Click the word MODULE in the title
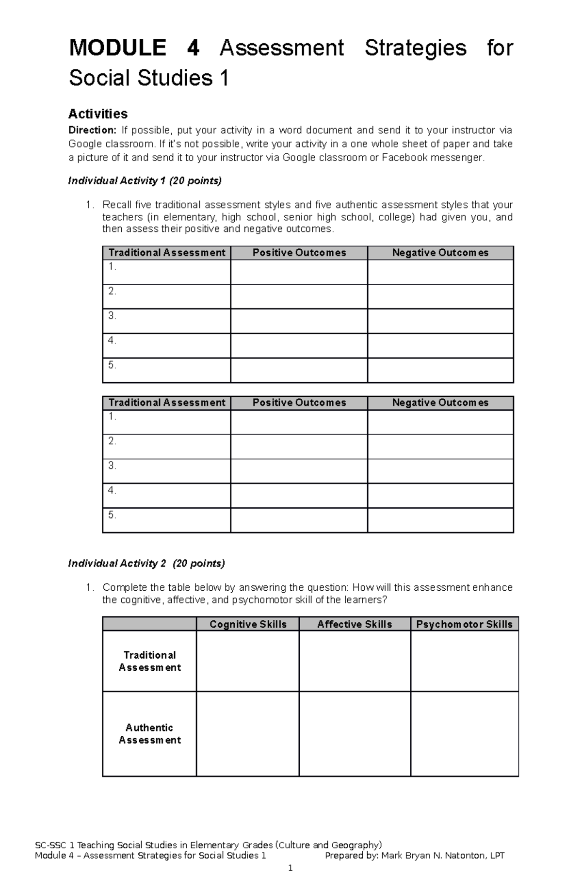[x=117, y=48]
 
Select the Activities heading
[x=98, y=113]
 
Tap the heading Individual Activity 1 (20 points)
[x=145, y=181]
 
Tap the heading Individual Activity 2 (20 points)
[x=146, y=563]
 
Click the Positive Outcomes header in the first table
[x=299, y=253]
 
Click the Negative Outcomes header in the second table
[x=440, y=403]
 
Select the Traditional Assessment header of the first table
[x=167, y=253]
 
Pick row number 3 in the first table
[x=113, y=316]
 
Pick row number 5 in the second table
[x=113, y=515]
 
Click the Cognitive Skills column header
[x=248, y=624]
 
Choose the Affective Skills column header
[x=355, y=624]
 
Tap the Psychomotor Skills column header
[x=464, y=624]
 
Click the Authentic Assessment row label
[x=149, y=734]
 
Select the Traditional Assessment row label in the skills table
[x=149, y=661]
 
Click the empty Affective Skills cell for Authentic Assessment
[x=355, y=734]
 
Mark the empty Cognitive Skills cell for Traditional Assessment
[x=248, y=661]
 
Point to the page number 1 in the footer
[x=290, y=868]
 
